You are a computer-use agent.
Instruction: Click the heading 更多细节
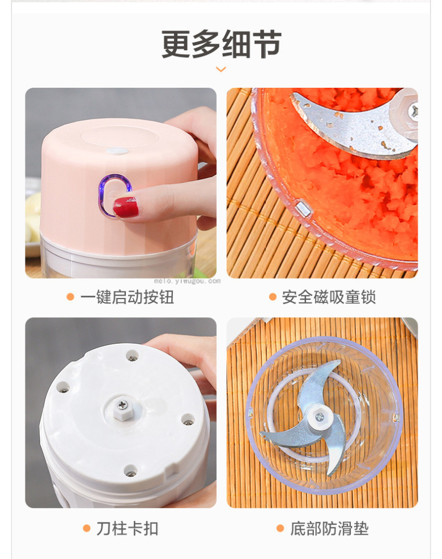click(x=221, y=44)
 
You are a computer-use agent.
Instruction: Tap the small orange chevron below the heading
click(x=221, y=69)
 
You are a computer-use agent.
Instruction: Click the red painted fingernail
click(x=125, y=207)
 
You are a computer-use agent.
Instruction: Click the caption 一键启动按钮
click(x=127, y=297)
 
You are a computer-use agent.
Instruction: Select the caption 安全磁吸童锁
click(x=329, y=297)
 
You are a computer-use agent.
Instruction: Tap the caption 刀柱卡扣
click(x=127, y=528)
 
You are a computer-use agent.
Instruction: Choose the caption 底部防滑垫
click(x=329, y=528)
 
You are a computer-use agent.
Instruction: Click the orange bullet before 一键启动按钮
click(x=70, y=297)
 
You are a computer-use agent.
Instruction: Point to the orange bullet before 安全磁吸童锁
click(x=273, y=297)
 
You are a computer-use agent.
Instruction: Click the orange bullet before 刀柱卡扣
click(x=86, y=528)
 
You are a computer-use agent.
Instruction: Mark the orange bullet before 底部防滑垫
click(x=280, y=528)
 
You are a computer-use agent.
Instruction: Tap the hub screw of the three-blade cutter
click(x=320, y=417)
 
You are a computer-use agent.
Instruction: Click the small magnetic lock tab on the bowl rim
click(x=303, y=208)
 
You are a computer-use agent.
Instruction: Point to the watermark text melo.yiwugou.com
click(x=187, y=281)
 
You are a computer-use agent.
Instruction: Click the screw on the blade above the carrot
click(x=414, y=111)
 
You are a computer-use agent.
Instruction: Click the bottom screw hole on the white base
click(x=130, y=472)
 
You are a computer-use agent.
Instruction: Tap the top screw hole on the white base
click(x=132, y=356)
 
